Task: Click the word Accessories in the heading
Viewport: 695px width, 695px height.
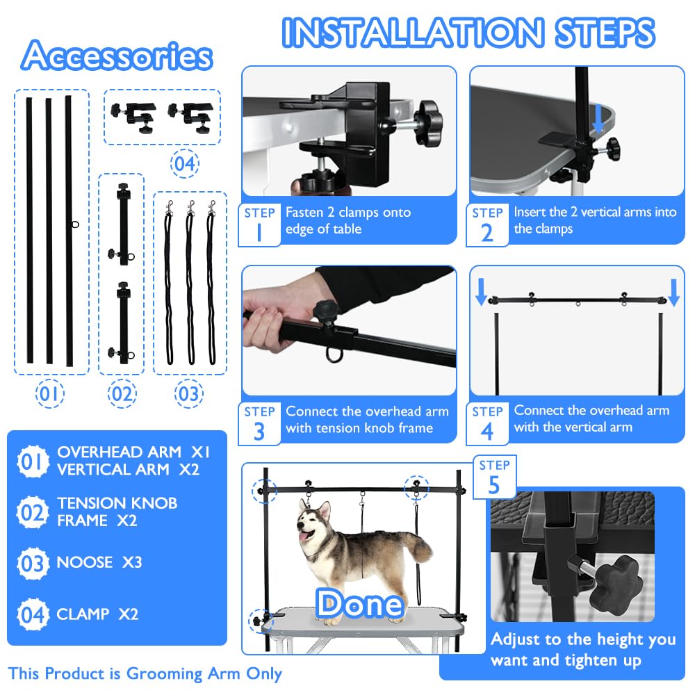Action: (116, 56)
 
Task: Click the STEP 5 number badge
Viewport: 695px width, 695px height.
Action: (493, 477)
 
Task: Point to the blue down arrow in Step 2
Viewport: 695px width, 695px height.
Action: (598, 121)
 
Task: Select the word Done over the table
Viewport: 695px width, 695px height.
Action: (360, 603)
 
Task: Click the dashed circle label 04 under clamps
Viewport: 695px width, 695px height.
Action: (185, 165)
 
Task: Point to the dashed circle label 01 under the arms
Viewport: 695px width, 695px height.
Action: (50, 394)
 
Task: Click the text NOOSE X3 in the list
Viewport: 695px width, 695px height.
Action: (99, 562)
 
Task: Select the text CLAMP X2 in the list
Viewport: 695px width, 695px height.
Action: (97, 614)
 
